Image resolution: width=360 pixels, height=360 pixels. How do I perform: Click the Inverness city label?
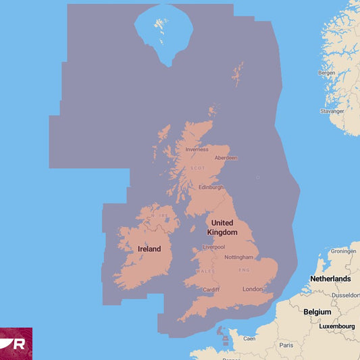click(x=197, y=149)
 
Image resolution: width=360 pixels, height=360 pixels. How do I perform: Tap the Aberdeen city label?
click(x=226, y=158)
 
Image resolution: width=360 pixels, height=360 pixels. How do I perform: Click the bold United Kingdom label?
click(x=223, y=228)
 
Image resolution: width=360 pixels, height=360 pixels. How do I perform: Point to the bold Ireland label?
click(x=149, y=249)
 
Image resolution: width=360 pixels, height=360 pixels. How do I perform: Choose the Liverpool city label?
click(x=213, y=247)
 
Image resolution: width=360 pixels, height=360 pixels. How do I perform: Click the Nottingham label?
click(x=239, y=257)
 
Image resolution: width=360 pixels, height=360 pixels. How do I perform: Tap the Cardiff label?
click(x=211, y=290)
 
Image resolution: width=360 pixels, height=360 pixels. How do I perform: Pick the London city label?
click(x=252, y=290)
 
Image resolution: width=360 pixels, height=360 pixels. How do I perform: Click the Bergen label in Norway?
click(x=326, y=72)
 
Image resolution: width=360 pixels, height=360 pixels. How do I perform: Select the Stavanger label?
click(x=332, y=111)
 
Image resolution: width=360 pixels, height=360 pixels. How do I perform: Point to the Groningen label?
click(x=342, y=251)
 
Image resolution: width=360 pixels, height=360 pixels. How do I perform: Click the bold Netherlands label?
click(x=330, y=278)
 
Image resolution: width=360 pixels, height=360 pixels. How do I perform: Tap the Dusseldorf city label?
click(x=346, y=295)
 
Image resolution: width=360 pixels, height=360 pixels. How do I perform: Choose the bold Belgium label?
click(x=317, y=312)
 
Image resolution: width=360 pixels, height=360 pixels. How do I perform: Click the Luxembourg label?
click(x=337, y=326)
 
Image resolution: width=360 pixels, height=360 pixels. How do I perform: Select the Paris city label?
click(x=286, y=345)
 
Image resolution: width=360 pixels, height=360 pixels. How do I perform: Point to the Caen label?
click(x=249, y=338)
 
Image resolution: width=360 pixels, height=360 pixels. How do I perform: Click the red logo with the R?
click(x=16, y=344)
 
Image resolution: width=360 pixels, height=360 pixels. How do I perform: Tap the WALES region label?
click(x=205, y=272)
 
